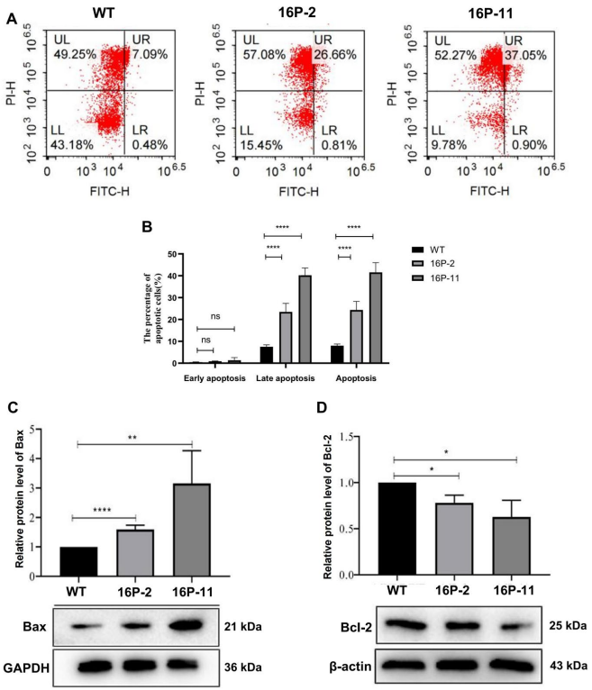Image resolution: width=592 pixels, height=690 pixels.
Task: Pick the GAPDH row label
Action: (30, 668)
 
